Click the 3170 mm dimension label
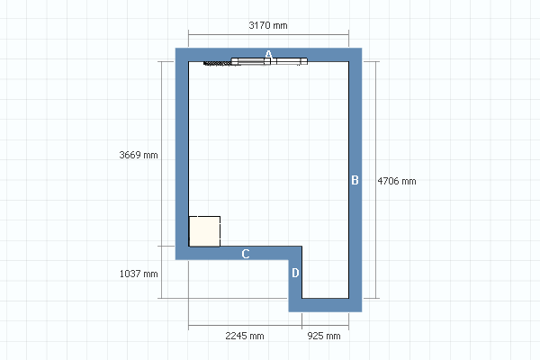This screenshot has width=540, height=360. (x=268, y=25)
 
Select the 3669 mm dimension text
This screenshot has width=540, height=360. (x=139, y=155)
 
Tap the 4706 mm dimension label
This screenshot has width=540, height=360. (x=397, y=181)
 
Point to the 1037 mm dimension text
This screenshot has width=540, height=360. (x=139, y=274)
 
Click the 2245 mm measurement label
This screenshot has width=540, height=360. (x=245, y=336)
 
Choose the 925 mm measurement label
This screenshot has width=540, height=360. (x=324, y=336)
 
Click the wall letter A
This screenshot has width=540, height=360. (x=268, y=54)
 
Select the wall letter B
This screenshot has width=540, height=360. (x=355, y=180)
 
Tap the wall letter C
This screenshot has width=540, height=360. (x=245, y=254)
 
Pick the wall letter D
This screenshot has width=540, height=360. (x=295, y=273)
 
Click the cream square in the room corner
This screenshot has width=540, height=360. (x=204, y=231)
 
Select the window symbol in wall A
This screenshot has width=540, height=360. (x=269, y=61)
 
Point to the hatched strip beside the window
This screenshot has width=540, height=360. (x=217, y=63)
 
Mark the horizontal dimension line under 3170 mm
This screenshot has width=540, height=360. (x=268, y=34)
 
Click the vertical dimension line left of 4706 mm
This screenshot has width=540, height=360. (x=375, y=180)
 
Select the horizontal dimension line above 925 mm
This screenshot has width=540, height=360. (x=326, y=325)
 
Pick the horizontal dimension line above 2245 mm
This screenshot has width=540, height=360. (x=245, y=325)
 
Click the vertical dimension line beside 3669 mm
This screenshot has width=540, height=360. (x=162, y=154)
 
